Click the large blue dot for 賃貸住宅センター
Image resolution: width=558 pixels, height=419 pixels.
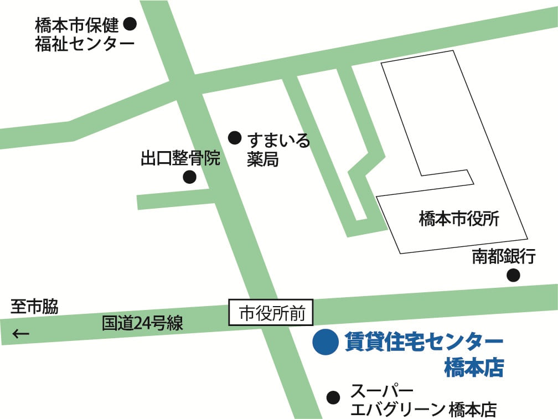pyautogui.click(x=325, y=342)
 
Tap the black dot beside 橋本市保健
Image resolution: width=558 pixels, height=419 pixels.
pyautogui.click(x=130, y=24)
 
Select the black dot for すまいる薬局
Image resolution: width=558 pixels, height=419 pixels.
pyautogui.click(x=235, y=137)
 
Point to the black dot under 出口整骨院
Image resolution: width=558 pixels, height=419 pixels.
pyautogui.click(x=189, y=177)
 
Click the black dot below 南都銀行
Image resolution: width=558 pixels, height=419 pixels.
pyautogui.click(x=514, y=275)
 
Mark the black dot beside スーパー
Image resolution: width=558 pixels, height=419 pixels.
pyautogui.click(x=333, y=397)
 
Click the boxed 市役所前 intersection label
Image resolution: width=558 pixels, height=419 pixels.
pyautogui.click(x=271, y=314)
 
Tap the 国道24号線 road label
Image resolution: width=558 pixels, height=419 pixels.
pyautogui.click(x=142, y=323)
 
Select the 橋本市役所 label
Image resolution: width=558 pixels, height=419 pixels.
pyautogui.click(x=459, y=220)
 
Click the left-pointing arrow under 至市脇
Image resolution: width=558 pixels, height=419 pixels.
pyautogui.click(x=21, y=334)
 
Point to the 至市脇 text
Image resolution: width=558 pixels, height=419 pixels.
pyautogui.click(x=34, y=307)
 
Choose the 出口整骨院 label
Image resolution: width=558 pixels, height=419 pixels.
pyautogui.click(x=180, y=159)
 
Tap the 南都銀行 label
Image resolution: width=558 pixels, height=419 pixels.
pyautogui.click(x=504, y=256)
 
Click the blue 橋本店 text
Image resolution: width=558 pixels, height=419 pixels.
pyautogui.click(x=474, y=368)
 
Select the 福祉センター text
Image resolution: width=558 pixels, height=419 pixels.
pyautogui.click(x=85, y=44)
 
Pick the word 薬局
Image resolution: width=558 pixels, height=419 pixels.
pyautogui.click(x=262, y=160)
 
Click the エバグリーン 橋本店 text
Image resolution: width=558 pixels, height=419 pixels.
pyautogui.click(x=423, y=410)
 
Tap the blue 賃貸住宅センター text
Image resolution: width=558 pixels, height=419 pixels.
pyautogui.click(x=423, y=342)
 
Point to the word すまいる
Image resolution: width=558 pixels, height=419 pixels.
pyautogui.click(x=278, y=139)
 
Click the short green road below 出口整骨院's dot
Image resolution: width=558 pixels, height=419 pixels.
pyautogui.click(x=174, y=198)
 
